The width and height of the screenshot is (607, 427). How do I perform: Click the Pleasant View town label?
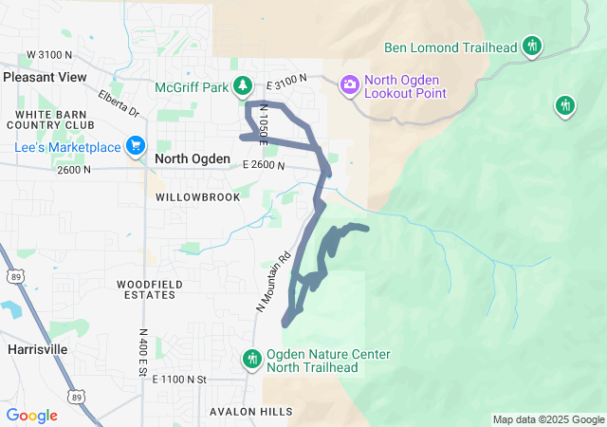[x=45, y=77]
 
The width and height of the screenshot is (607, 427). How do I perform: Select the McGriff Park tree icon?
[x=243, y=86]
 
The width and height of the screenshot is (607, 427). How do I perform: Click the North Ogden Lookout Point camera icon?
[x=350, y=85]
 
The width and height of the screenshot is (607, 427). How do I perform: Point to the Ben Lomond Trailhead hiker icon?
[x=532, y=46]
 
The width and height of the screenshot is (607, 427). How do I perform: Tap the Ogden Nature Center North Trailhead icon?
[x=252, y=359]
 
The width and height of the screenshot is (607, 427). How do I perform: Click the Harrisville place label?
[x=37, y=349]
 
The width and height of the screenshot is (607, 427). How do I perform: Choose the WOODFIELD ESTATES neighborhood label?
[x=146, y=289]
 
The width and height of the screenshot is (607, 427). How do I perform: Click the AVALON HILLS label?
[x=251, y=412]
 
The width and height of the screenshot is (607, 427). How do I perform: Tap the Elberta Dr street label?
[x=119, y=103]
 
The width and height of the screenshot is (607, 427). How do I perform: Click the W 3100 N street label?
[x=49, y=55]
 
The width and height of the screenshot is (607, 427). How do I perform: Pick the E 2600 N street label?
[x=264, y=165]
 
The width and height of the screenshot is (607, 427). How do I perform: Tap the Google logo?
[x=32, y=415]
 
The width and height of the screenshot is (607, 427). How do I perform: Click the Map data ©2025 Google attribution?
[x=548, y=419]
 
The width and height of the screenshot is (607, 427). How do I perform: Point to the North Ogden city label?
[x=193, y=159]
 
